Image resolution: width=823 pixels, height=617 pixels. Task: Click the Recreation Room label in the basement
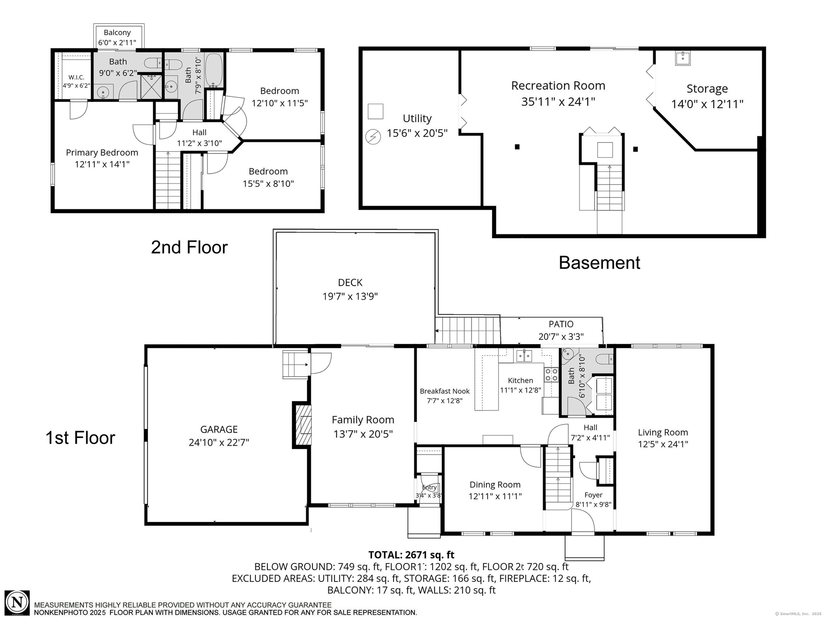(x=558, y=86)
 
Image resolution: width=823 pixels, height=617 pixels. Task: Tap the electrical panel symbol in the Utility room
(x=373, y=137)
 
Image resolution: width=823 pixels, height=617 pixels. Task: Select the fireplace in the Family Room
(x=302, y=425)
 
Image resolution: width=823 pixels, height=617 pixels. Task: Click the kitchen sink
(x=523, y=356)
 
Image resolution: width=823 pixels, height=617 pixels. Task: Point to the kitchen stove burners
(x=551, y=375)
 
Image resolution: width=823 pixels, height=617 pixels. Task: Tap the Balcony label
(x=117, y=33)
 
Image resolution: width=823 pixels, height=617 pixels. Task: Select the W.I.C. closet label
(x=76, y=77)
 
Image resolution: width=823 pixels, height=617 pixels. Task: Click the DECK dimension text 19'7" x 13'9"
(x=350, y=296)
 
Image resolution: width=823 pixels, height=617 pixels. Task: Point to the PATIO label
(x=561, y=324)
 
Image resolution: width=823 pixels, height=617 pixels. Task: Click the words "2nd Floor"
(x=189, y=247)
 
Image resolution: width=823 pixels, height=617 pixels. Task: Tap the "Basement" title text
(x=599, y=263)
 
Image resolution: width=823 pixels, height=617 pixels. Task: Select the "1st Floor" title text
(x=81, y=438)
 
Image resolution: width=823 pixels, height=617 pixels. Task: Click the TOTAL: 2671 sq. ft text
(x=411, y=555)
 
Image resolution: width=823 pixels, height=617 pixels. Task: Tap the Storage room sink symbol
(x=683, y=58)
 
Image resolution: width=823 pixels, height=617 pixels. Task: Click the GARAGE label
(x=219, y=429)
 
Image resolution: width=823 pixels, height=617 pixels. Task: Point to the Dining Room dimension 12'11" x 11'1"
(x=495, y=496)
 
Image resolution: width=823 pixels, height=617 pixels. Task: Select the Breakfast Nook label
(x=445, y=391)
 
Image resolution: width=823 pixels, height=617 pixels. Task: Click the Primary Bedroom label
(x=102, y=153)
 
